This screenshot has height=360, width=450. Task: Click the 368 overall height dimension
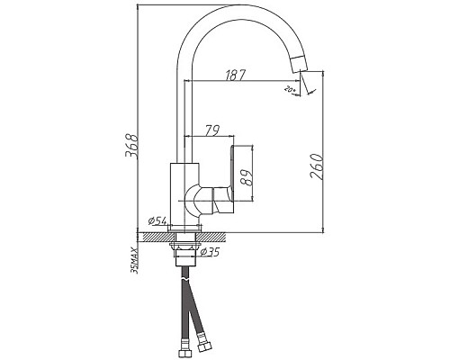(x=131, y=147)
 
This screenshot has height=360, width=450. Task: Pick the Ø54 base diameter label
(x=156, y=220)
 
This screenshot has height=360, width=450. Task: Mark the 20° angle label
(x=290, y=88)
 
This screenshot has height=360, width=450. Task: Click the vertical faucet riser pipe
(x=182, y=108)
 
